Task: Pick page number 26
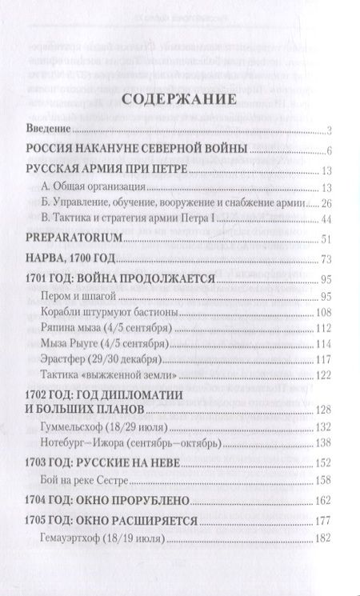[326, 203]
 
